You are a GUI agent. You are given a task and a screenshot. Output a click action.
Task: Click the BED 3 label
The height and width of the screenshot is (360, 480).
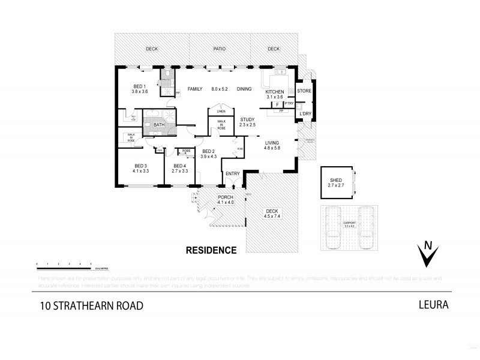(x=140, y=166)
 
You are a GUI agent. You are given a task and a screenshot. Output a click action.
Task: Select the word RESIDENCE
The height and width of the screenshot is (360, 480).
(x=211, y=250)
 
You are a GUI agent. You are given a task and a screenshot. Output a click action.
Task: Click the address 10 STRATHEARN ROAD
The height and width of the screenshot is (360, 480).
(x=92, y=305)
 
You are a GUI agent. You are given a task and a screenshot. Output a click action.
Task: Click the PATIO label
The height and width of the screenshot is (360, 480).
(x=218, y=49)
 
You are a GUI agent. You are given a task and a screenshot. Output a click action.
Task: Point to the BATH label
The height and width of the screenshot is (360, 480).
(x=158, y=125)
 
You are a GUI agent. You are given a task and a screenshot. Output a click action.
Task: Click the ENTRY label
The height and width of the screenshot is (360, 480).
(x=232, y=174)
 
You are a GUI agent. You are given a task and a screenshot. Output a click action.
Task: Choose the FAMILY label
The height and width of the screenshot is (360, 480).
(x=195, y=89)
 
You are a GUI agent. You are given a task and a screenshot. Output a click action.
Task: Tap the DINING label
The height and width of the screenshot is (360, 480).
(x=244, y=89)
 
